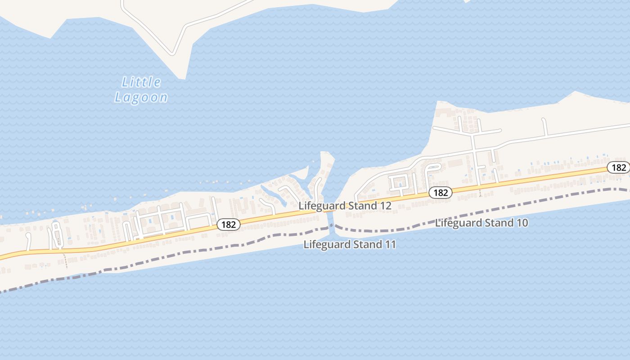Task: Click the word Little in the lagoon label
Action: [x=141, y=82]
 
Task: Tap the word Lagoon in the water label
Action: [x=141, y=97]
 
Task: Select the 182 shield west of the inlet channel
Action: [x=229, y=224]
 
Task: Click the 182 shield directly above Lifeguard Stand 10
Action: [x=440, y=193]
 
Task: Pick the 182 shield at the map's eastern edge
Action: [x=619, y=167]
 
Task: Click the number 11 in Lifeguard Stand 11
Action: [x=389, y=245]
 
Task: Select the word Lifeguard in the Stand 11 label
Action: [x=327, y=245]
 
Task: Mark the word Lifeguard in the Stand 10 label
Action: [x=459, y=223]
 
